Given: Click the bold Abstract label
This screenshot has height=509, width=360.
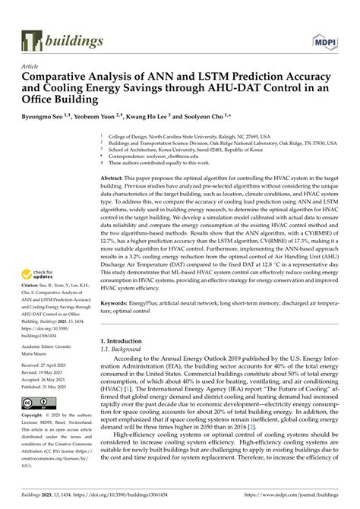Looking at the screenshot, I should pos(113,174).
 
